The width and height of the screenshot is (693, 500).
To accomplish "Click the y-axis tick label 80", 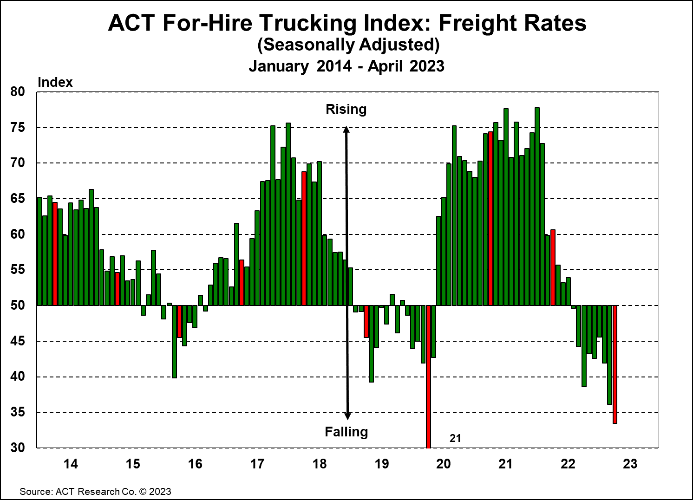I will coord(17,91).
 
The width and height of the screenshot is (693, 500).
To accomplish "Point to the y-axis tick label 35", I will coord(17,412).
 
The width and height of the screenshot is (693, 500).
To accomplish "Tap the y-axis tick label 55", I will coord(17,270).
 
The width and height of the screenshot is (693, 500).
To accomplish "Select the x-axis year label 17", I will coord(257,464).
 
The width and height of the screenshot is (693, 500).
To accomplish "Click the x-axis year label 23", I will coord(630,464).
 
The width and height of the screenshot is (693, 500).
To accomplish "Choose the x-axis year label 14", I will coord(70,464).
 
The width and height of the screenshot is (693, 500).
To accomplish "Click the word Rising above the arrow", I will coord(346,109).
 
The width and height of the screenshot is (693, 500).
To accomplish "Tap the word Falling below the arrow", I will coord(346,432).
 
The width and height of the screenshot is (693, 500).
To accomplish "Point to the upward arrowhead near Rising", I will coord(346,130).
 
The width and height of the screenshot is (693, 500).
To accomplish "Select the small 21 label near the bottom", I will coord(455,438).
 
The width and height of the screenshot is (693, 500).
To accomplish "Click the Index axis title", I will coord(55,82).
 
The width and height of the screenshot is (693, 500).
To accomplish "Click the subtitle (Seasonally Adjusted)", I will coord(348,45).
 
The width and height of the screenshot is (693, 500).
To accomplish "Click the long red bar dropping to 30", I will coord(428,376).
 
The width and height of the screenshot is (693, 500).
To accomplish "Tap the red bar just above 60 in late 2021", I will coord(553,267).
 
